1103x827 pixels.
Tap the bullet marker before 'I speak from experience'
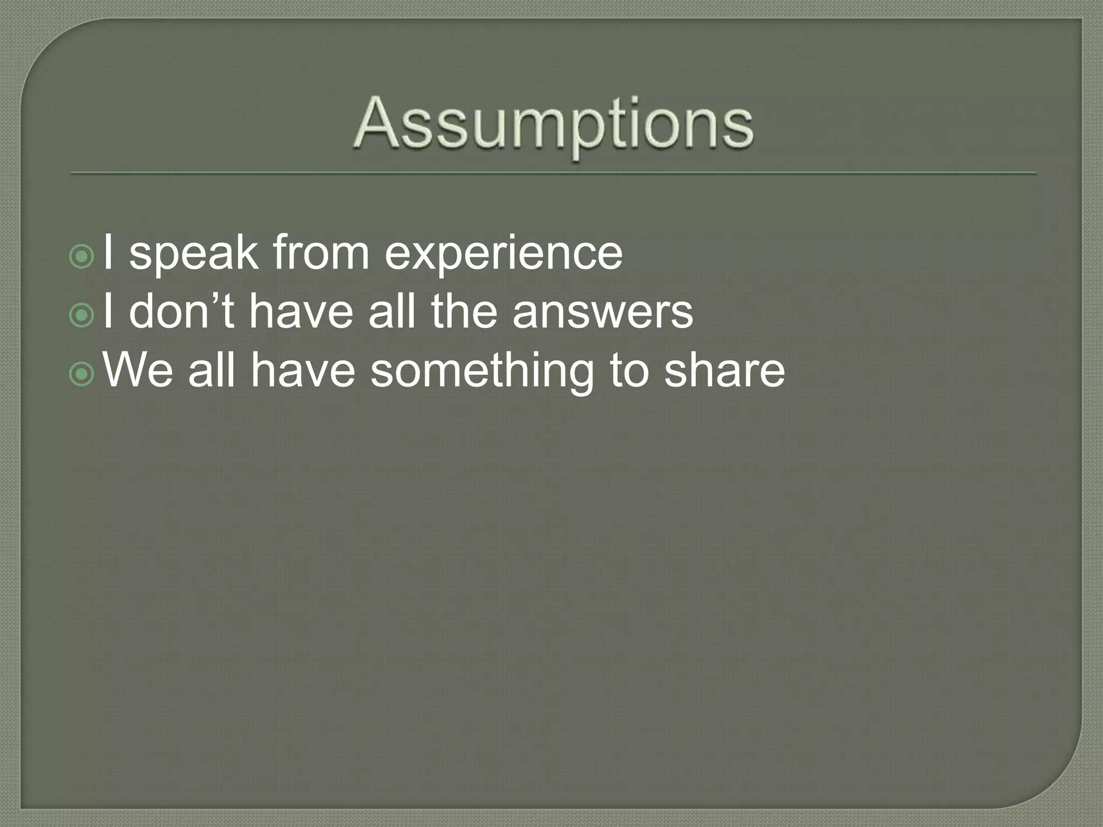click(82, 257)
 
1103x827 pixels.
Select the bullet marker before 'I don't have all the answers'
click(82, 317)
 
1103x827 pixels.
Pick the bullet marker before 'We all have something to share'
click(82, 375)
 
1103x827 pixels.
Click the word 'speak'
click(193, 255)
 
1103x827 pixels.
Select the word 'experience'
click(503, 255)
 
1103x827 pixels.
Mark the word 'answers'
click(603, 313)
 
